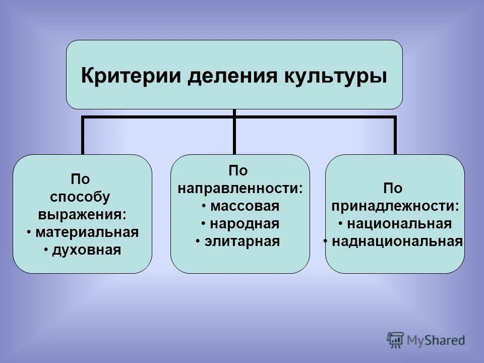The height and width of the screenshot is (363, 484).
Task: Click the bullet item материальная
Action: [x=86, y=232]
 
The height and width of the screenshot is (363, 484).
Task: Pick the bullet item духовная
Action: [x=86, y=250]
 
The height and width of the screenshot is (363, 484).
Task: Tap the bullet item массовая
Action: [x=245, y=206]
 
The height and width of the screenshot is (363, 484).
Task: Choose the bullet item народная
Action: [x=245, y=224]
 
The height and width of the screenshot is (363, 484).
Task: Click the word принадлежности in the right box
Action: [x=394, y=206]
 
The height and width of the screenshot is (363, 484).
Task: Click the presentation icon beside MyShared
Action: [x=396, y=339]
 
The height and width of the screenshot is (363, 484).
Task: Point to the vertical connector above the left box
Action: [x=83, y=136]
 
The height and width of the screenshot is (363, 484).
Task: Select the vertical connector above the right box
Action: [x=395, y=136]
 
